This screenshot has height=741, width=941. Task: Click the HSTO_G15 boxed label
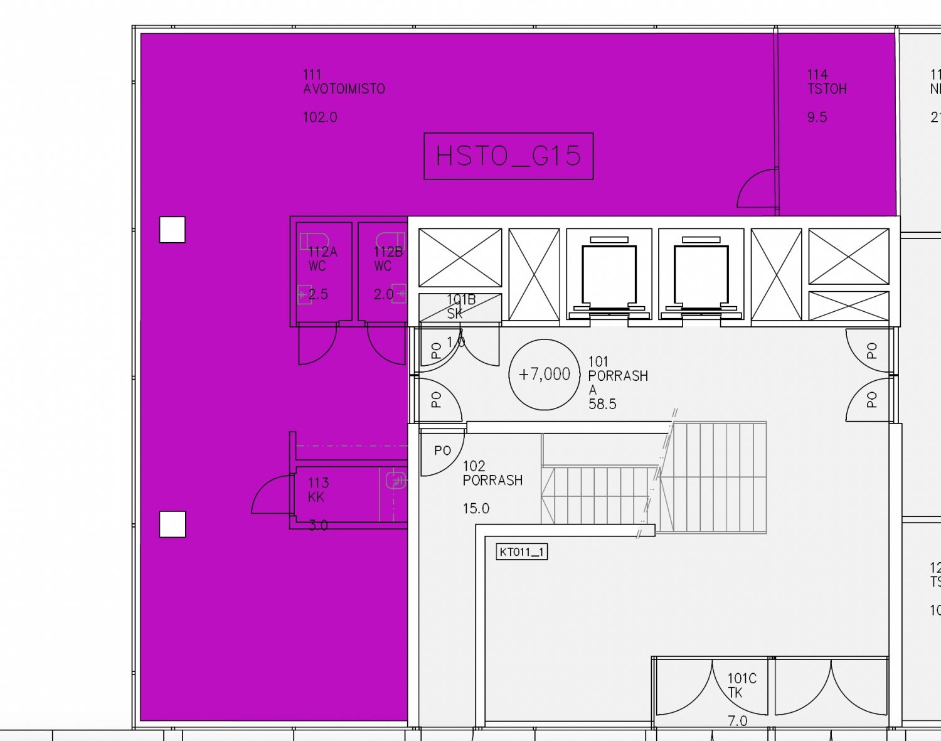pyautogui.click(x=508, y=156)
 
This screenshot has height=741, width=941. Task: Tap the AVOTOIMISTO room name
pyautogui.click(x=344, y=89)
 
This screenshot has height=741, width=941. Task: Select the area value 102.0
pyautogui.click(x=320, y=117)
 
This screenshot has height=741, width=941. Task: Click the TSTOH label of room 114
pyautogui.click(x=827, y=89)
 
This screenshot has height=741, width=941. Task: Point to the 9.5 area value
pyautogui.click(x=817, y=117)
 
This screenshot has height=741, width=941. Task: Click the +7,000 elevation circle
pyautogui.click(x=545, y=375)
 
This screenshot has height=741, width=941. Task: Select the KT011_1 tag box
pyautogui.click(x=522, y=552)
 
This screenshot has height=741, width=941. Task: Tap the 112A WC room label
pyautogui.click(x=322, y=259)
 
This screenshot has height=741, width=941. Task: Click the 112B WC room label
pyautogui.click(x=388, y=259)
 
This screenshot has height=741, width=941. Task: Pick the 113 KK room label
pyautogui.click(x=318, y=490)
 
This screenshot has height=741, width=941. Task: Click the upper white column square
pyautogui.click(x=173, y=230)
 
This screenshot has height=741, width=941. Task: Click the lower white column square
pyautogui.click(x=173, y=525)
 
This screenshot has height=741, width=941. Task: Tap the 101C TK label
pyautogui.click(x=742, y=685)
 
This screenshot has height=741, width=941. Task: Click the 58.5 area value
pyautogui.click(x=602, y=404)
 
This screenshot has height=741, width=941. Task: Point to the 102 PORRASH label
pyautogui.click(x=492, y=473)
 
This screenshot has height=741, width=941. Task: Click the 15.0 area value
pyautogui.click(x=476, y=509)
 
